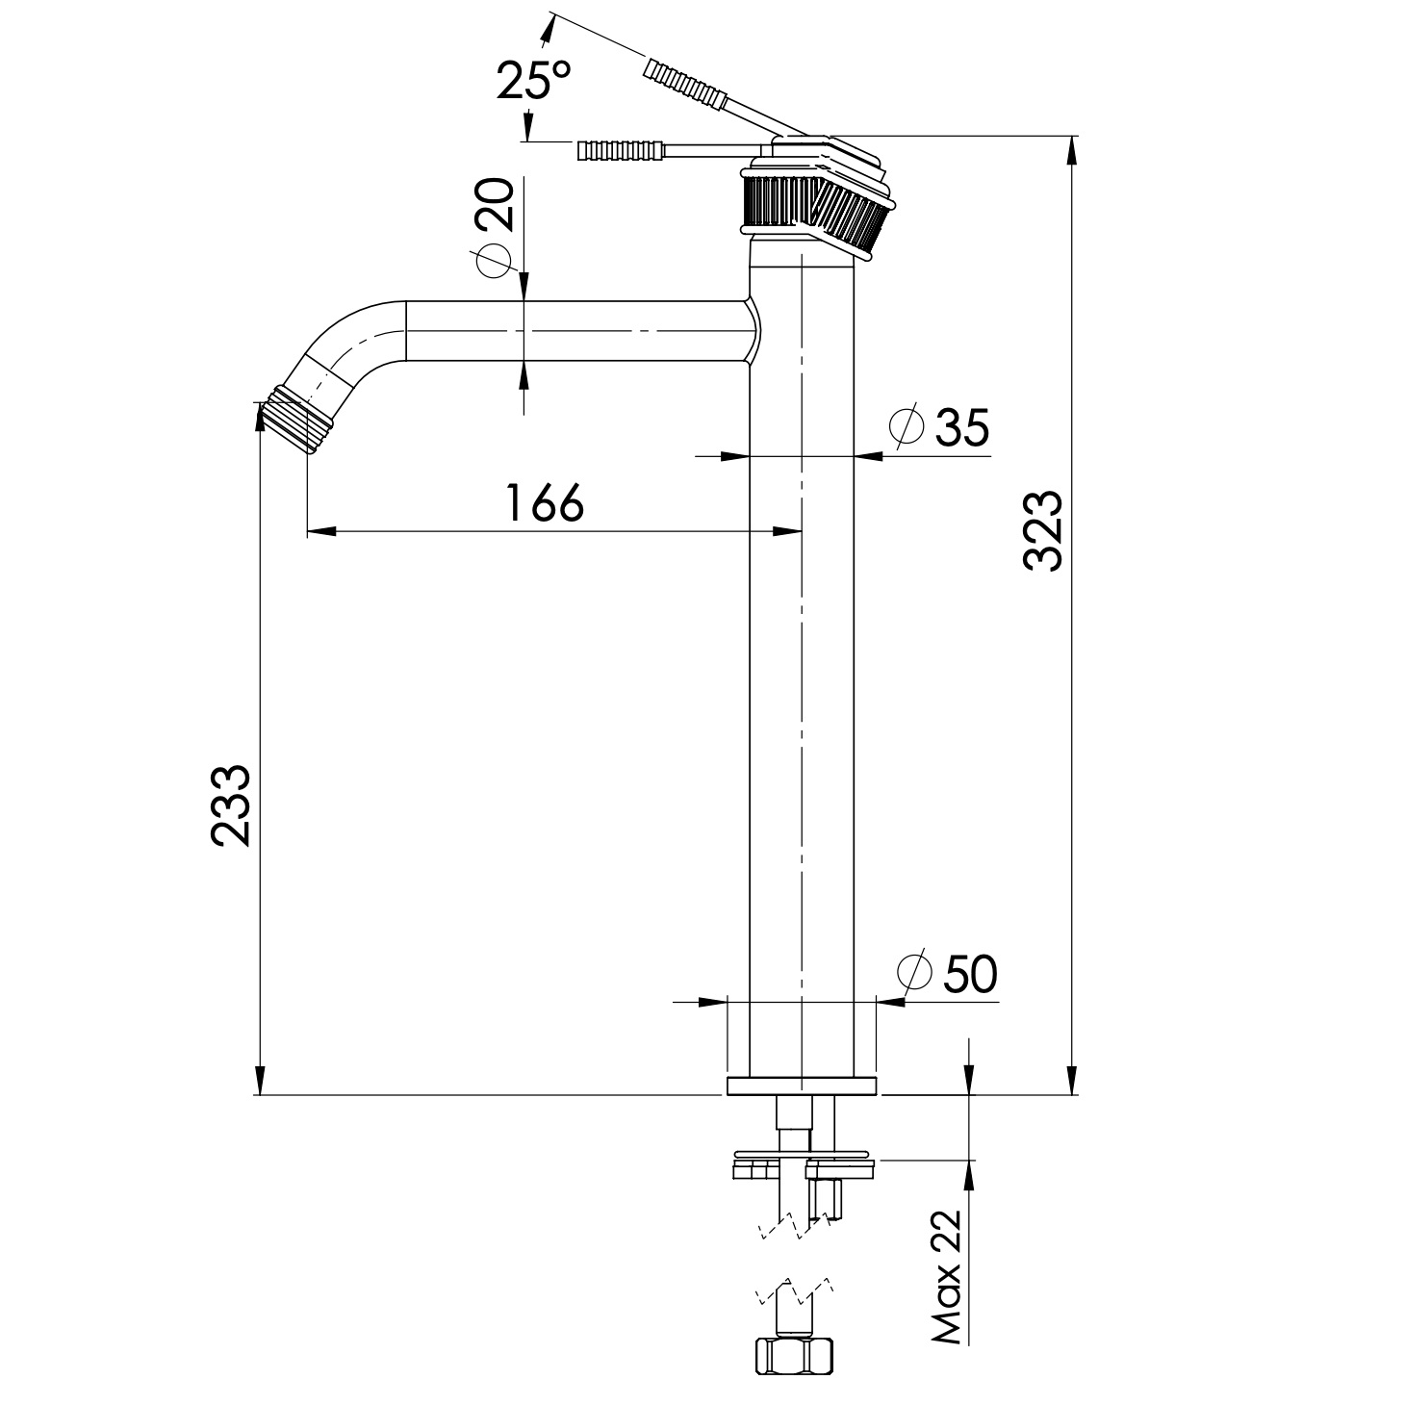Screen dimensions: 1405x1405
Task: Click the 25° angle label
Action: point(534,80)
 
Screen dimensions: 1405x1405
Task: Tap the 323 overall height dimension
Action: point(1042,530)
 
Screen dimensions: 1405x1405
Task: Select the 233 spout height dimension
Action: point(230,805)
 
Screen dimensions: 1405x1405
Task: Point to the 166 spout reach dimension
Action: point(546,502)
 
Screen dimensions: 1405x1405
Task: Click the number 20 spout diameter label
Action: point(495,204)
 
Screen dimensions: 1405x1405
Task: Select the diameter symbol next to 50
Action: point(915,971)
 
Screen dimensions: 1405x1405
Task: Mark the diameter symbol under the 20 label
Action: point(494,260)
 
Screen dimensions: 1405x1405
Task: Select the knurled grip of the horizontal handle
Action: point(621,151)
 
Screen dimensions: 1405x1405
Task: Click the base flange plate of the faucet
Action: point(802,1086)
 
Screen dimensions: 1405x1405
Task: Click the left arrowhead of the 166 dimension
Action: point(321,531)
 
